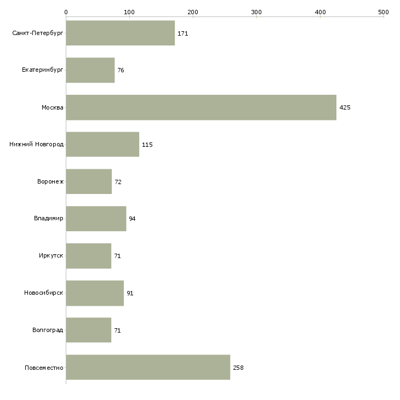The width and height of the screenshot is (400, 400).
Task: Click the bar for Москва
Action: coord(201,107)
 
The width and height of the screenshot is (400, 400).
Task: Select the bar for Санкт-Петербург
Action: coord(121,33)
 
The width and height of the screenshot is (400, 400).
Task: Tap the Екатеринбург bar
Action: coord(90,70)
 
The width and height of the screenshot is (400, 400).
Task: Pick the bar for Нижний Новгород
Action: coord(102,145)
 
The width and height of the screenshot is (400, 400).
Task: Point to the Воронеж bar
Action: coord(89,181)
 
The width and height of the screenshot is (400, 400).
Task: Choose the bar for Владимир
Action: coord(96,219)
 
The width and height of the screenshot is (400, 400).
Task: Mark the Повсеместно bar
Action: coord(148,367)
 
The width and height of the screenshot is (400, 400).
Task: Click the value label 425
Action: coord(345,107)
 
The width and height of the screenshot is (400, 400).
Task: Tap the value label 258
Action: coord(238,368)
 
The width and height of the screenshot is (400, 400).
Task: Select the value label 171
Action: coord(183,33)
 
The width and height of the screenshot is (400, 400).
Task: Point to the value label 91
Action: coord(130,293)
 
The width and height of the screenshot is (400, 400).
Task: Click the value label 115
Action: coord(147,145)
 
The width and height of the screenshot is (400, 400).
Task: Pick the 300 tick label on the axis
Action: coord(256,12)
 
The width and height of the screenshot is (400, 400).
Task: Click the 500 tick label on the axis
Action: coord(384,12)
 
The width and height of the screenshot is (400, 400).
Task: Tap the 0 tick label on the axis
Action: coord(66,12)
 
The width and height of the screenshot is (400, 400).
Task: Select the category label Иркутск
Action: coord(51,255)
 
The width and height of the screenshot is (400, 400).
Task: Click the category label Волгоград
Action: coord(48,330)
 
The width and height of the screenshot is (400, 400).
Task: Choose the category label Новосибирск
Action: coord(44,293)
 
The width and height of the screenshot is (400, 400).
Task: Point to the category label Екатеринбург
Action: coord(42,70)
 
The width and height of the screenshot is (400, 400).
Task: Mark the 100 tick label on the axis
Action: coord(129,12)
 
